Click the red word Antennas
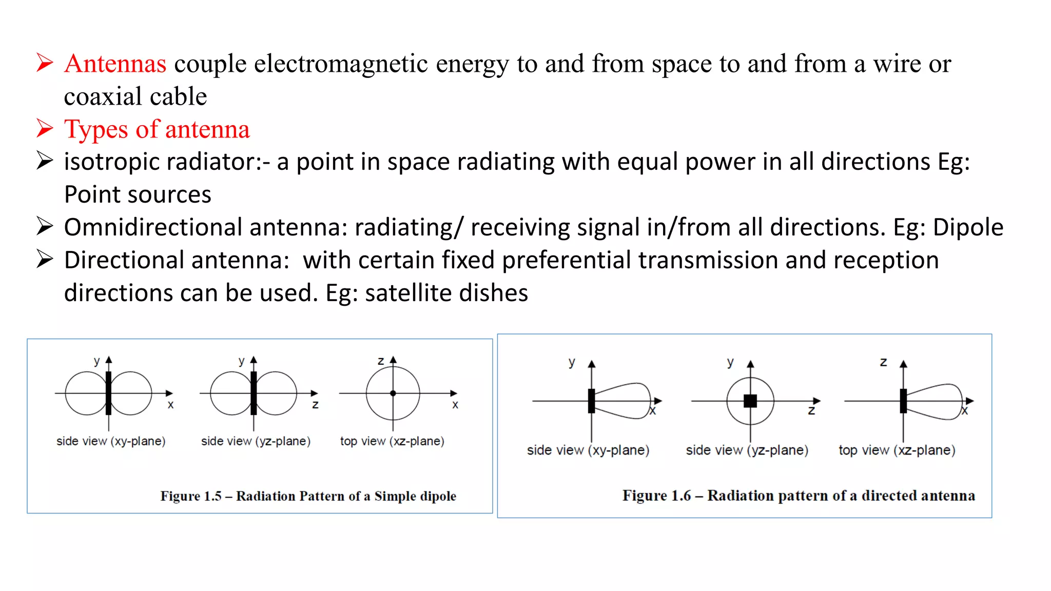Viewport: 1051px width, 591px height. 115,64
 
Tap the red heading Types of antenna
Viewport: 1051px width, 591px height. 157,129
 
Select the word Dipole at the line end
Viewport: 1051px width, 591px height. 968,227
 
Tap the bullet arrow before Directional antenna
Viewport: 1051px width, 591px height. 45,260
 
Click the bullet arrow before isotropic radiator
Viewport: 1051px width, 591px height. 45,161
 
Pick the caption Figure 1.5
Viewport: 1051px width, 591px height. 308,496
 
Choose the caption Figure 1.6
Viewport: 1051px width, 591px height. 799,496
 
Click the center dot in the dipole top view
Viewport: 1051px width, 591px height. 393,393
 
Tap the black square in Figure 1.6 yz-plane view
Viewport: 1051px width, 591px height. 750,401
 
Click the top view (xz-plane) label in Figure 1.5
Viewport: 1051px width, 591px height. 392,441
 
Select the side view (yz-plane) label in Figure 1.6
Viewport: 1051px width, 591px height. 747,450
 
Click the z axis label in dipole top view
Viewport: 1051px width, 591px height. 381,361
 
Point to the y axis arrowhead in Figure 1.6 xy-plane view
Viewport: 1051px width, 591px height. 592,364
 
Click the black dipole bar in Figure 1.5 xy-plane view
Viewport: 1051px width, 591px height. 108,393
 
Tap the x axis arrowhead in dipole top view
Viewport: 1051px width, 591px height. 454,393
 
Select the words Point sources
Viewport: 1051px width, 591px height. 138,195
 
